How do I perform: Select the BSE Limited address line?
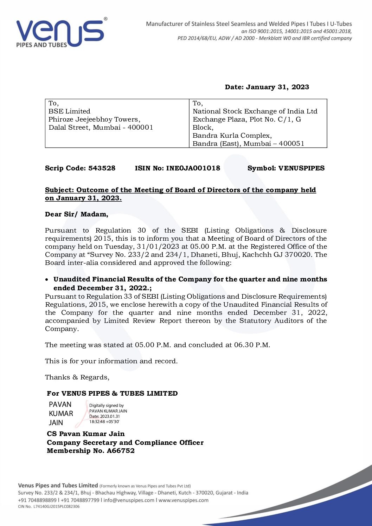69,111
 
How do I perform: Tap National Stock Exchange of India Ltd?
255,111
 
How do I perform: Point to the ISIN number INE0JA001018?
193,168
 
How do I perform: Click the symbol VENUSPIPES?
301,168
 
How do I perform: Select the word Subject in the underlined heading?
59,190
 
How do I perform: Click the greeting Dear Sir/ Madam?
76,214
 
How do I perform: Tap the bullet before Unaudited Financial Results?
47,280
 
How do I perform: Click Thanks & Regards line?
77,377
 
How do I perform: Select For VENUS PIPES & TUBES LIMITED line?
112,394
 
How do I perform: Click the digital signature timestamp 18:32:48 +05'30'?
104,421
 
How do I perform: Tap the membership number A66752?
121,451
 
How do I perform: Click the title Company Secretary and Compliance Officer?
125,443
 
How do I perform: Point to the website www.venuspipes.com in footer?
183,500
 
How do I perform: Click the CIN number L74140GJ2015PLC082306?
56,507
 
